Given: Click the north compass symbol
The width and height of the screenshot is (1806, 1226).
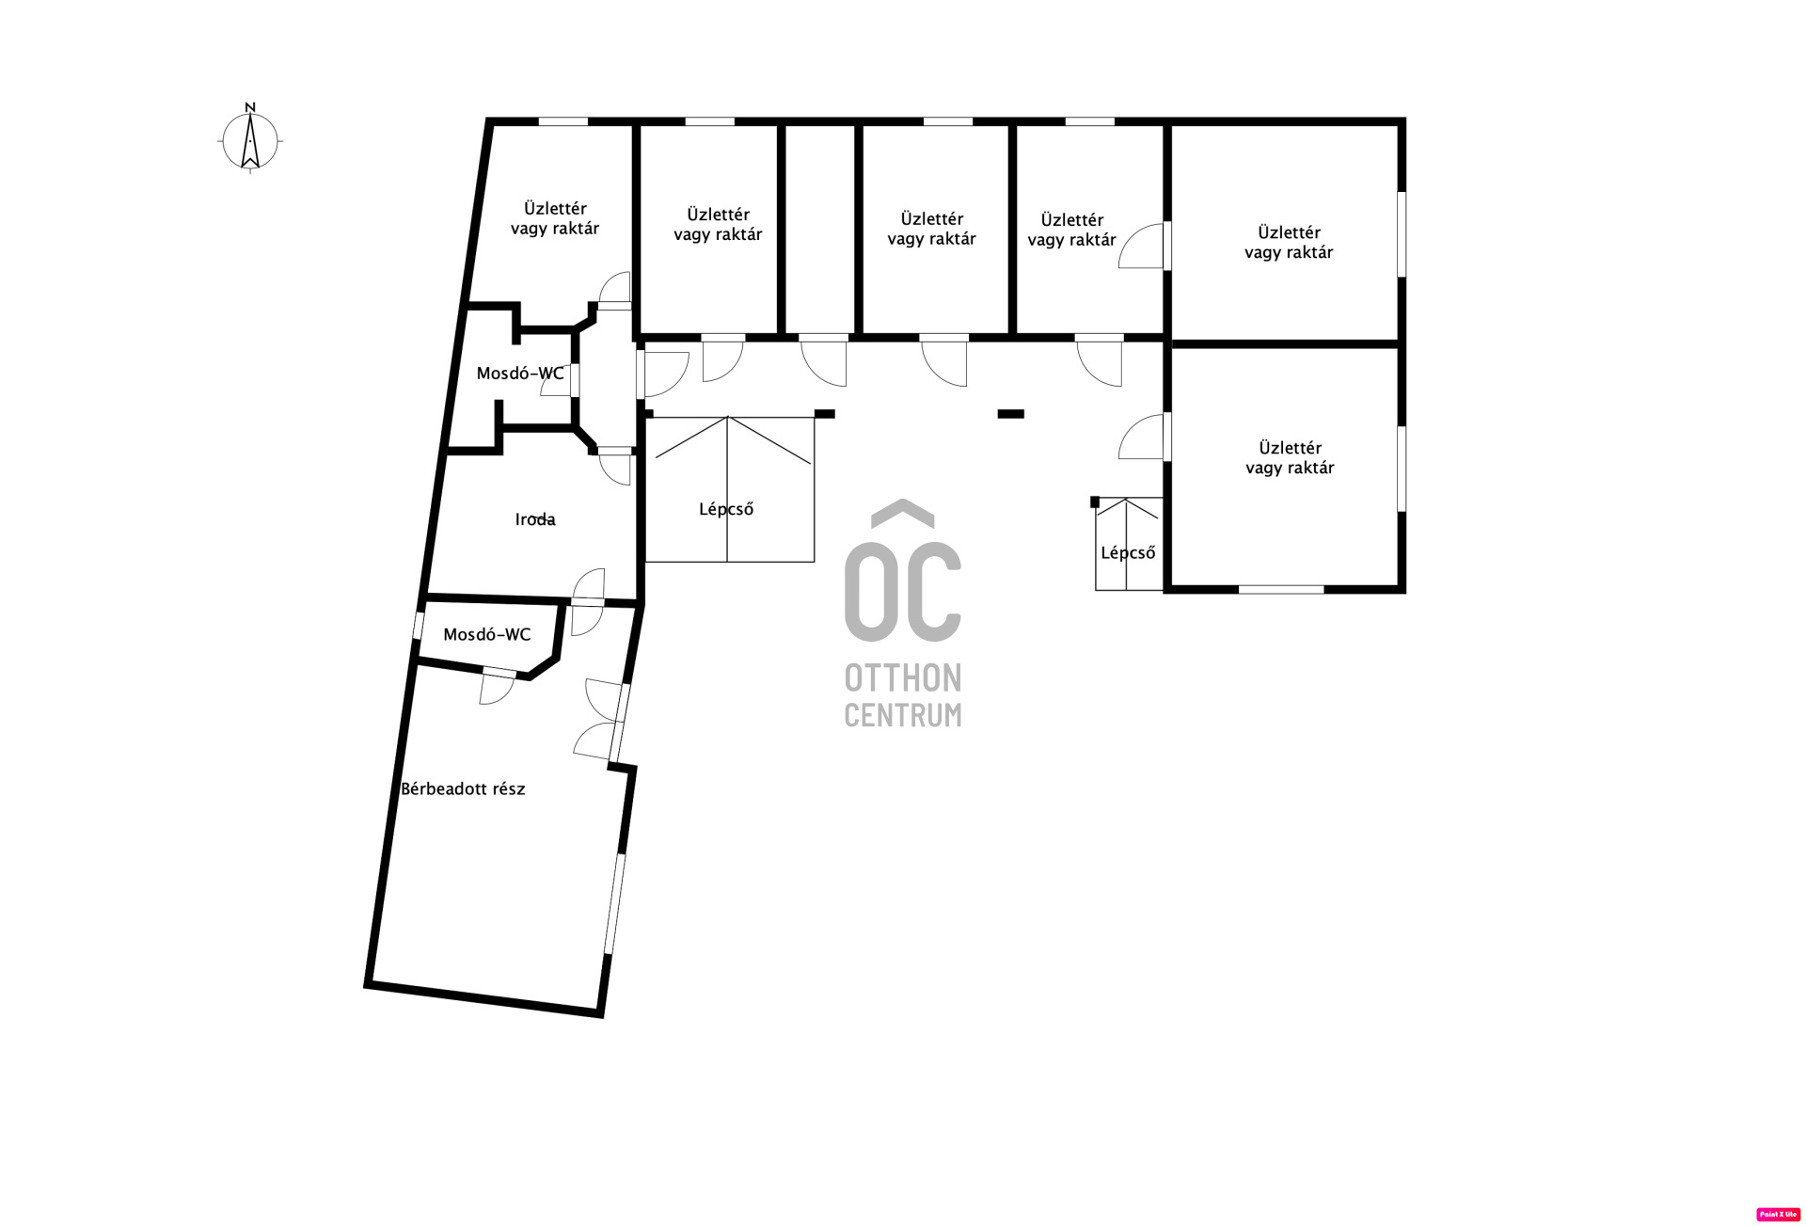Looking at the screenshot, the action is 250,141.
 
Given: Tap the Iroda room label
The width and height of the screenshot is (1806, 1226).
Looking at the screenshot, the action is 535,519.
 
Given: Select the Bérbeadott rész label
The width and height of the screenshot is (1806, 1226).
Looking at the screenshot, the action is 463,789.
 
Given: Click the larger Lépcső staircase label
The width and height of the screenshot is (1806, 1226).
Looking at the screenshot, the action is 726,509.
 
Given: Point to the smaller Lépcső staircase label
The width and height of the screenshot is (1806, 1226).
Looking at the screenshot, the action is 1128,552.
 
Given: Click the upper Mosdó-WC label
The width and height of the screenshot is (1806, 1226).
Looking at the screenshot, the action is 520,374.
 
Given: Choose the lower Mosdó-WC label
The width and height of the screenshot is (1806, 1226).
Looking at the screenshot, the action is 486,635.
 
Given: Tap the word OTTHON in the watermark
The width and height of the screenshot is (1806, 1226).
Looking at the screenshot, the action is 903,677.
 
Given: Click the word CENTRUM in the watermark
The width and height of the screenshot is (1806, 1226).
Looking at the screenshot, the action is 903,715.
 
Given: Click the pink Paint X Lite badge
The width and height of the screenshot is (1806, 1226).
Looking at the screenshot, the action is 1778,1215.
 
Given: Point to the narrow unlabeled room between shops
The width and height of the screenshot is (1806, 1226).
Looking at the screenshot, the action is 819,229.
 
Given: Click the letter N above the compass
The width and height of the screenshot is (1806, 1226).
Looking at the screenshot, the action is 250,107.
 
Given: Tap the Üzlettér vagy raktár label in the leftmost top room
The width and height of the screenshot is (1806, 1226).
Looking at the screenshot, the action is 555,218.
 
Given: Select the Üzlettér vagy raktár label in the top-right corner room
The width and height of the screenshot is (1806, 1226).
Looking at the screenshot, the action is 1289,242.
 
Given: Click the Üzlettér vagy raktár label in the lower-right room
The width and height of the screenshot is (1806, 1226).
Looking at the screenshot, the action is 1290,457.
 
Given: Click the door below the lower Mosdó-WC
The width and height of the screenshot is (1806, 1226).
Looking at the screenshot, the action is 497,687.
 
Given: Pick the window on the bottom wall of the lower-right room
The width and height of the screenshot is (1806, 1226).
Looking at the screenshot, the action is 1280,589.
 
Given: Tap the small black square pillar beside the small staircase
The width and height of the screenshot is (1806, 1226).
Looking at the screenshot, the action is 1095,502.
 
